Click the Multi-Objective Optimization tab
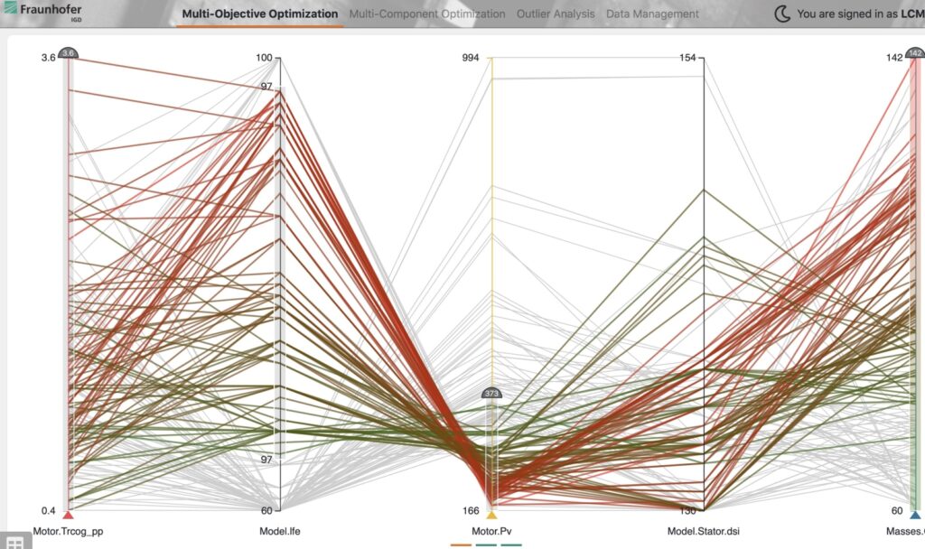click(260, 14)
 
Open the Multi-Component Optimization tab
click(427, 14)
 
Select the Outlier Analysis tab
click(556, 14)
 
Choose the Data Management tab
click(652, 14)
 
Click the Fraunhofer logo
click(42, 12)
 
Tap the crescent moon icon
click(782, 14)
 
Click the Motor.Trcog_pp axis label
click(68, 532)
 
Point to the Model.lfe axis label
click(279, 532)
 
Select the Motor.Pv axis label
click(491, 532)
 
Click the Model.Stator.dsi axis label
click(703, 532)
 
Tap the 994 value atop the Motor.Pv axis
click(472, 59)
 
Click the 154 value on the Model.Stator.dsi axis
click(689, 59)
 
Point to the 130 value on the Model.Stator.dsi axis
click(689, 510)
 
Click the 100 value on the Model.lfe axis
click(264, 59)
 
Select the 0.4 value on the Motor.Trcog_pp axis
click(48, 510)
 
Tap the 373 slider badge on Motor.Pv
click(491, 394)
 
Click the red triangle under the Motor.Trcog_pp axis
click(68, 516)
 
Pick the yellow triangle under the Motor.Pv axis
click(491, 516)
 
